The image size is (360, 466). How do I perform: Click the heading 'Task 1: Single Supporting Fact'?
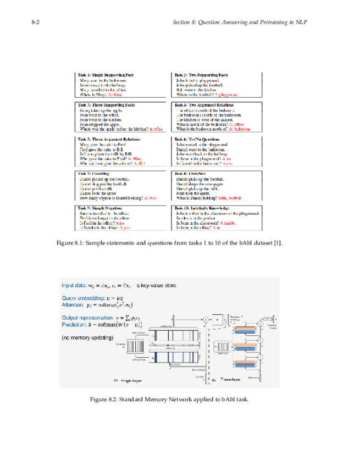106,75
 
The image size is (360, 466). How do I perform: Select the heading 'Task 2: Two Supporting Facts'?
202,75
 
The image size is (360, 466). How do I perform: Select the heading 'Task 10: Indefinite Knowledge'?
203,208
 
